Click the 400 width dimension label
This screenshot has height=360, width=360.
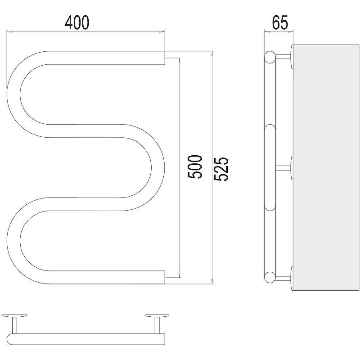click(77, 23)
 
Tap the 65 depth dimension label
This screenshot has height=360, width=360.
click(279, 23)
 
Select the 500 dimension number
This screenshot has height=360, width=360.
click(195, 167)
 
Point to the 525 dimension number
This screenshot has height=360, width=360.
click(221, 169)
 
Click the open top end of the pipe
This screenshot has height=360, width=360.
click(164, 58)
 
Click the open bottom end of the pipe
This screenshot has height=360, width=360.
click(164, 277)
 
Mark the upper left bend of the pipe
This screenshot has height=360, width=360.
click(14, 94)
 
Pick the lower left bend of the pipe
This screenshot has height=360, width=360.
click(14, 241)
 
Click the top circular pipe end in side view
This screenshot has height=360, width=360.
click(270, 57)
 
